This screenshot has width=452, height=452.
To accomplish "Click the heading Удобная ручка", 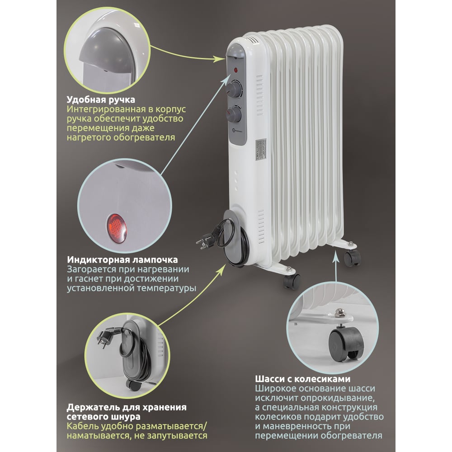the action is pyautogui.click(x=101, y=100).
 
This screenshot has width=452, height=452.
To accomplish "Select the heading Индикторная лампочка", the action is pyautogui.click(x=122, y=259).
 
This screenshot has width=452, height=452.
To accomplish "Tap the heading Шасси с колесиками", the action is pyautogui.click(x=303, y=379).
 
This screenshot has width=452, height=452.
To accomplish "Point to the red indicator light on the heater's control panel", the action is pyautogui.click(x=236, y=70).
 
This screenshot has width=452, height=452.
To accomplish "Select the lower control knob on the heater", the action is pyautogui.click(x=234, y=114).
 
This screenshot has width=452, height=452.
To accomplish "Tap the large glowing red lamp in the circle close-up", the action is pyautogui.click(x=117, y=228).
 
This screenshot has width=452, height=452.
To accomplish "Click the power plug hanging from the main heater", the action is pyautogui.click(x=205, y=241).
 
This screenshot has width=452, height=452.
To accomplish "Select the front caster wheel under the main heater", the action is pyautogui.click(x=292, y=281).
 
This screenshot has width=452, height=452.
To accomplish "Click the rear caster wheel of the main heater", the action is pyautogui.click(x=352, y=258).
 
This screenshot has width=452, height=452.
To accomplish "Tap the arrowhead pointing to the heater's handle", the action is pyautogui.click(x=220, y=60).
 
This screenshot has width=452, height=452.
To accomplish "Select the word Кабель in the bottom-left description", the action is pyautogui.click(x=83, y=426).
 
